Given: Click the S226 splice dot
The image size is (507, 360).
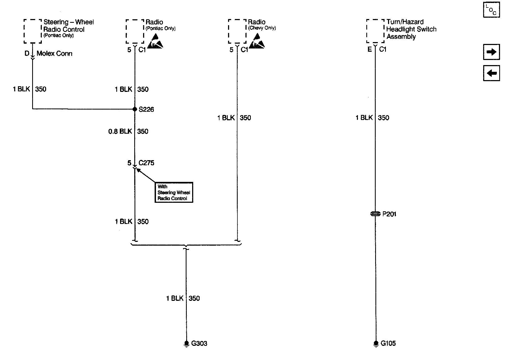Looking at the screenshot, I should pyautogui.click(x=135, y=109).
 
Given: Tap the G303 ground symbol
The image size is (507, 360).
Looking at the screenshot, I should pyautogui.click(x=186, y=343).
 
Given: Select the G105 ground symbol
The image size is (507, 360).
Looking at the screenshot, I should pyautogui.click(x=376, y=343).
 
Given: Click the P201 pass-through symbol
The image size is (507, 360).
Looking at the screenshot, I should pyautogui.click(x=375, y=214).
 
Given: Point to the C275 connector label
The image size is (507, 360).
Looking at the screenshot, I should pyautogui.click(x=146, y=163).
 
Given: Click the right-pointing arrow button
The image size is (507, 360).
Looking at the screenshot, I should pyautogui.click(x=491, y=52).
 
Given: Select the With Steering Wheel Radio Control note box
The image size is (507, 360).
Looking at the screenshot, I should pyautogui.click(x=174, y=192).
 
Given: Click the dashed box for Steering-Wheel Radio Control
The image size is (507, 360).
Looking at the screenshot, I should pyautogui.click(x=33, y=31).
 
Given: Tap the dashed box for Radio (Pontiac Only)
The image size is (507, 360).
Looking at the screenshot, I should pyautogui.click(x=135, y=31).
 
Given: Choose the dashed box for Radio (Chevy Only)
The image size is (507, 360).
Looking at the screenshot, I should pyautogui.click(x=237, y=31).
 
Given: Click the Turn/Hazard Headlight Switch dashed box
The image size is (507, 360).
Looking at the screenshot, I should pyautogui.click(x=375, y=31).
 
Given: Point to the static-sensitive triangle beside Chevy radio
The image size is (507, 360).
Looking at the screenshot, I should pyautogui.click(x=257, y=41).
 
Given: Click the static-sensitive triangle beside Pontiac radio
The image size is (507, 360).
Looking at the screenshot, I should pyautogui.click(x=155, y=42).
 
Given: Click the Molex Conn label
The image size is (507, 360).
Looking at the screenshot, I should pyautogui.click(x=54, y=53).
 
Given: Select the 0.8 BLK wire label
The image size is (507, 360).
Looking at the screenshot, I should pyautogui.click(x=120, y=131).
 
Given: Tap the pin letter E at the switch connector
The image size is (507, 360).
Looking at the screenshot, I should pyautogui.click(x=370, y=49).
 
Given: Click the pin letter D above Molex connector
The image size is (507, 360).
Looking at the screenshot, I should pyautogui.click(x=27, y=53).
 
